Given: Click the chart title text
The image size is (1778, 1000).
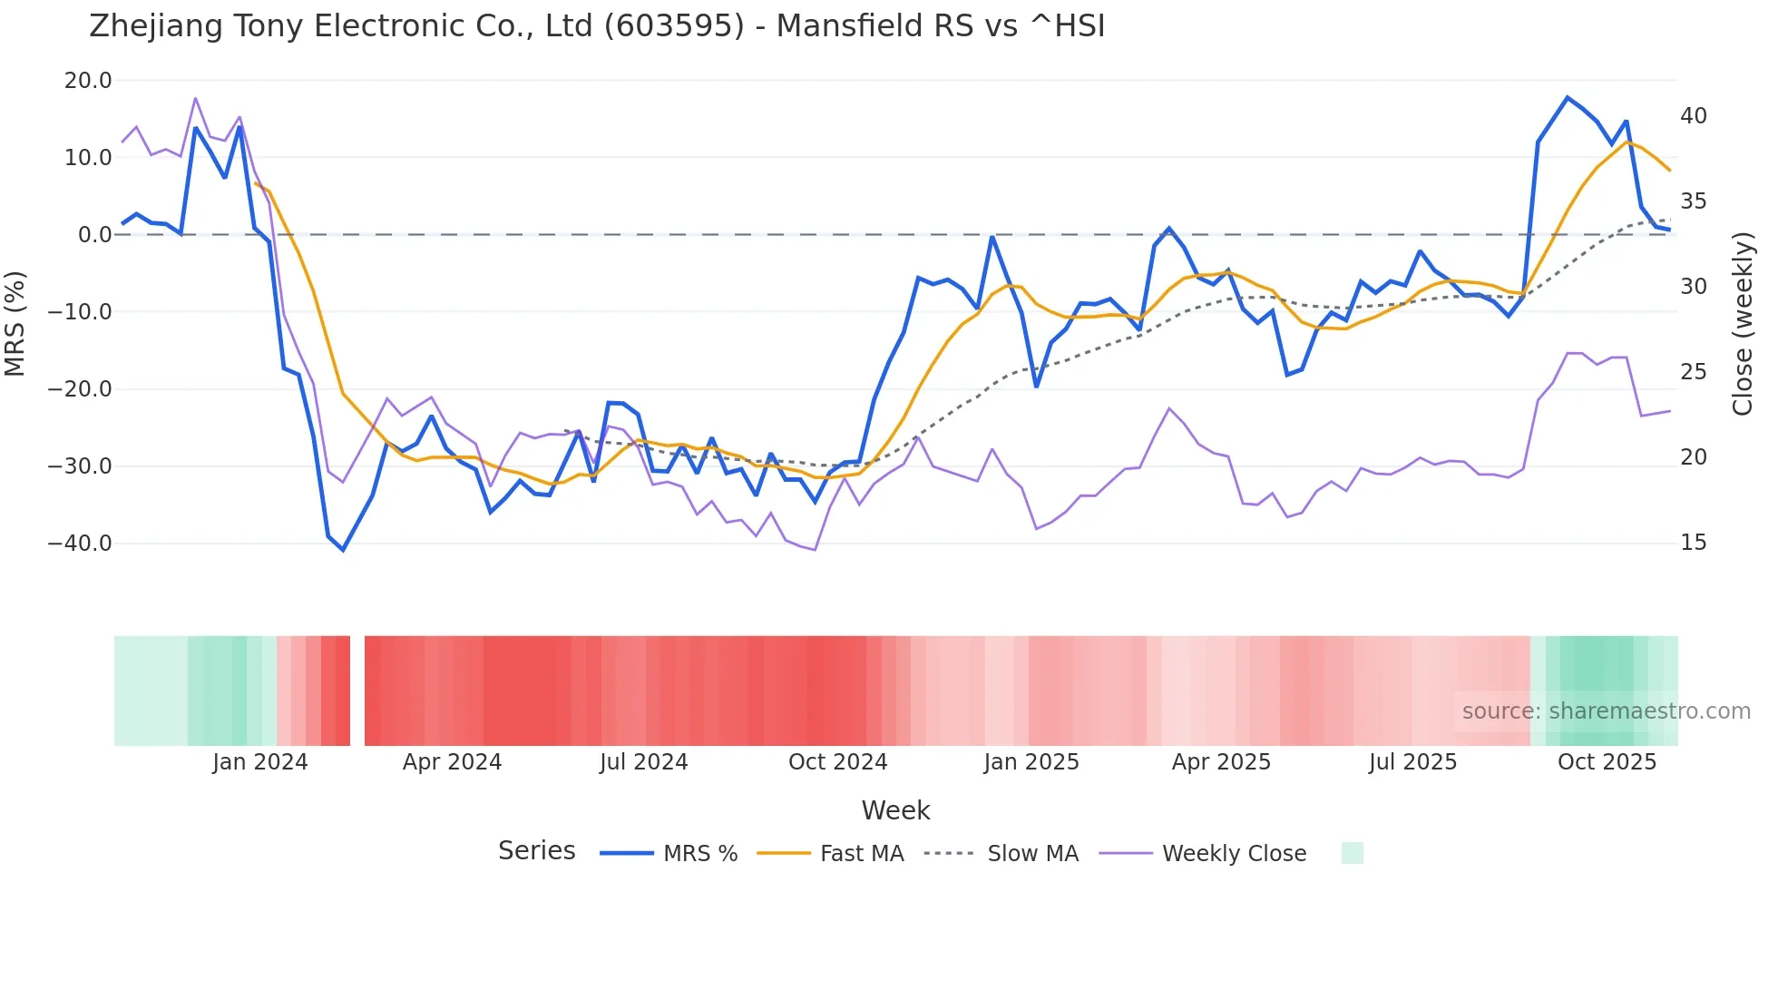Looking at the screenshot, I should point(597,26).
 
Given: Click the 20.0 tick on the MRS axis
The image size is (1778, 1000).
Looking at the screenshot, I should point(88,81).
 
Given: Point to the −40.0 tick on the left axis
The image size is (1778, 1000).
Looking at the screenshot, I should point(80,544).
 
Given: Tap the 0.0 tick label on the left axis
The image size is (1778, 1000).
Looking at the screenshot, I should point(94,235).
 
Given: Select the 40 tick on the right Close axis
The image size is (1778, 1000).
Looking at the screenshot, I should point(1693,116).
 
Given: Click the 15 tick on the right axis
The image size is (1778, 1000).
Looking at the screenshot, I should point(1693,543).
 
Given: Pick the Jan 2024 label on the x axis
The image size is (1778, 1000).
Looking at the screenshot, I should point(260,762).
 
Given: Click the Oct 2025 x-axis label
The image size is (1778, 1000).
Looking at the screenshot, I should point(1607,762).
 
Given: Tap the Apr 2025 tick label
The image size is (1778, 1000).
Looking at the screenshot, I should point(1221,762).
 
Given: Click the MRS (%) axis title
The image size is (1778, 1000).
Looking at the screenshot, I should point(15,324).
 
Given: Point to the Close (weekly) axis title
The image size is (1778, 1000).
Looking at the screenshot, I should point(1742,324).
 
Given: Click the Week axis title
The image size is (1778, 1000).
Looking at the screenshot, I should point(895,810).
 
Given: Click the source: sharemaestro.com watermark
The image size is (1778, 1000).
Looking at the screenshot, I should point(1606,711).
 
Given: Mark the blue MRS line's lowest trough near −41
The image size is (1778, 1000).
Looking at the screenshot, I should point(343,550).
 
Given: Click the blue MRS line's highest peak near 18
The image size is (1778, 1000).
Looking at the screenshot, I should point(1567,97).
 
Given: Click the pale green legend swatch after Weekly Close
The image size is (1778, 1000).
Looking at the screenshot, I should point(1352,853).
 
